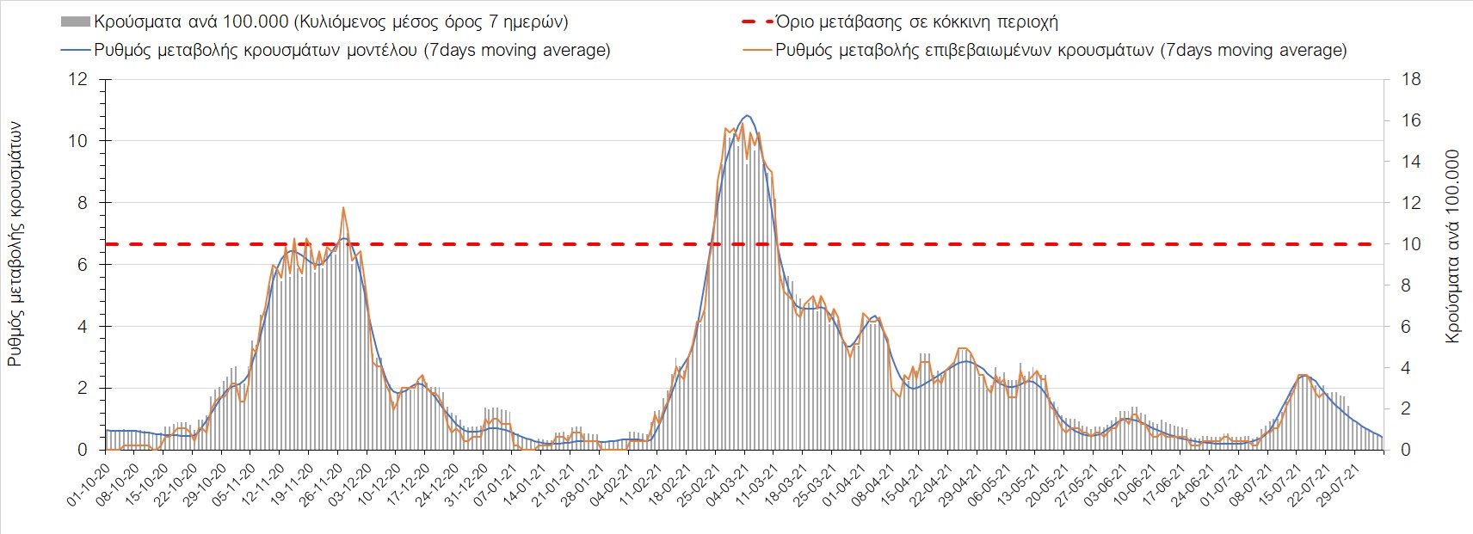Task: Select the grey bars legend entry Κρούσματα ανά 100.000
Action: click(x=331, y=21)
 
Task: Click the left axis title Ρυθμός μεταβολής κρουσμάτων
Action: click(x=15, y=244)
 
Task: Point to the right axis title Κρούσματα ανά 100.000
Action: click(x=1453, y=248)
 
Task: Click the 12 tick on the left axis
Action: click(x=78, y=79)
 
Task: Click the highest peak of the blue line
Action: click(x=747, y=115)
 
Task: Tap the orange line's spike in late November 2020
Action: click(x=343, y=207)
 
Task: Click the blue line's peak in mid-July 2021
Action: click(x=1303, y=375)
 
